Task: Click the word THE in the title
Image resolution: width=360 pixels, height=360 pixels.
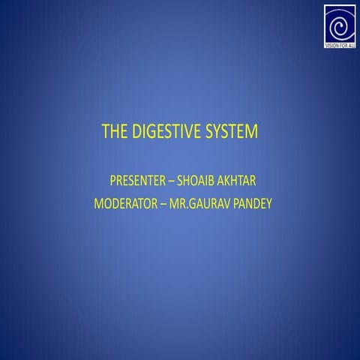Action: (115, 133)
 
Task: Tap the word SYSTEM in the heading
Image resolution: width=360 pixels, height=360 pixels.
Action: (232, 133)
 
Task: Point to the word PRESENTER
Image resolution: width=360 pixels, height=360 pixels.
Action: (139, 181)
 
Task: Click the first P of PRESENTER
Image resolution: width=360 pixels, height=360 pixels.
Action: (113, 181)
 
